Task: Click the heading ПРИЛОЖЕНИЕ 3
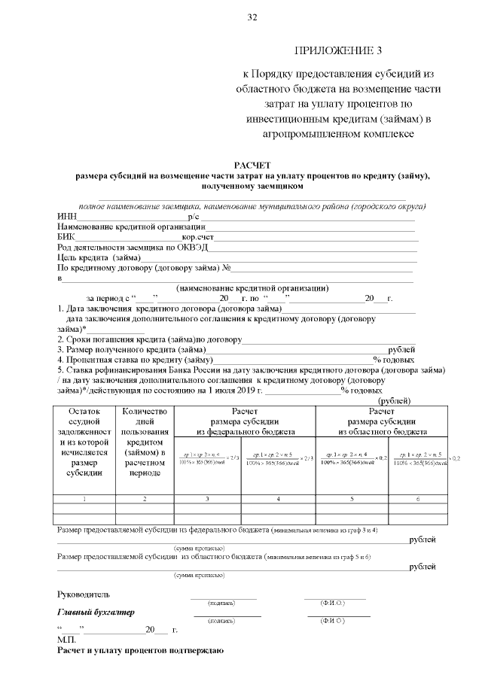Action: [338, 51]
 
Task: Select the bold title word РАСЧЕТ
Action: [252, 164]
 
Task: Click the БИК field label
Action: [66, 237]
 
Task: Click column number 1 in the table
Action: [83, 498]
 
